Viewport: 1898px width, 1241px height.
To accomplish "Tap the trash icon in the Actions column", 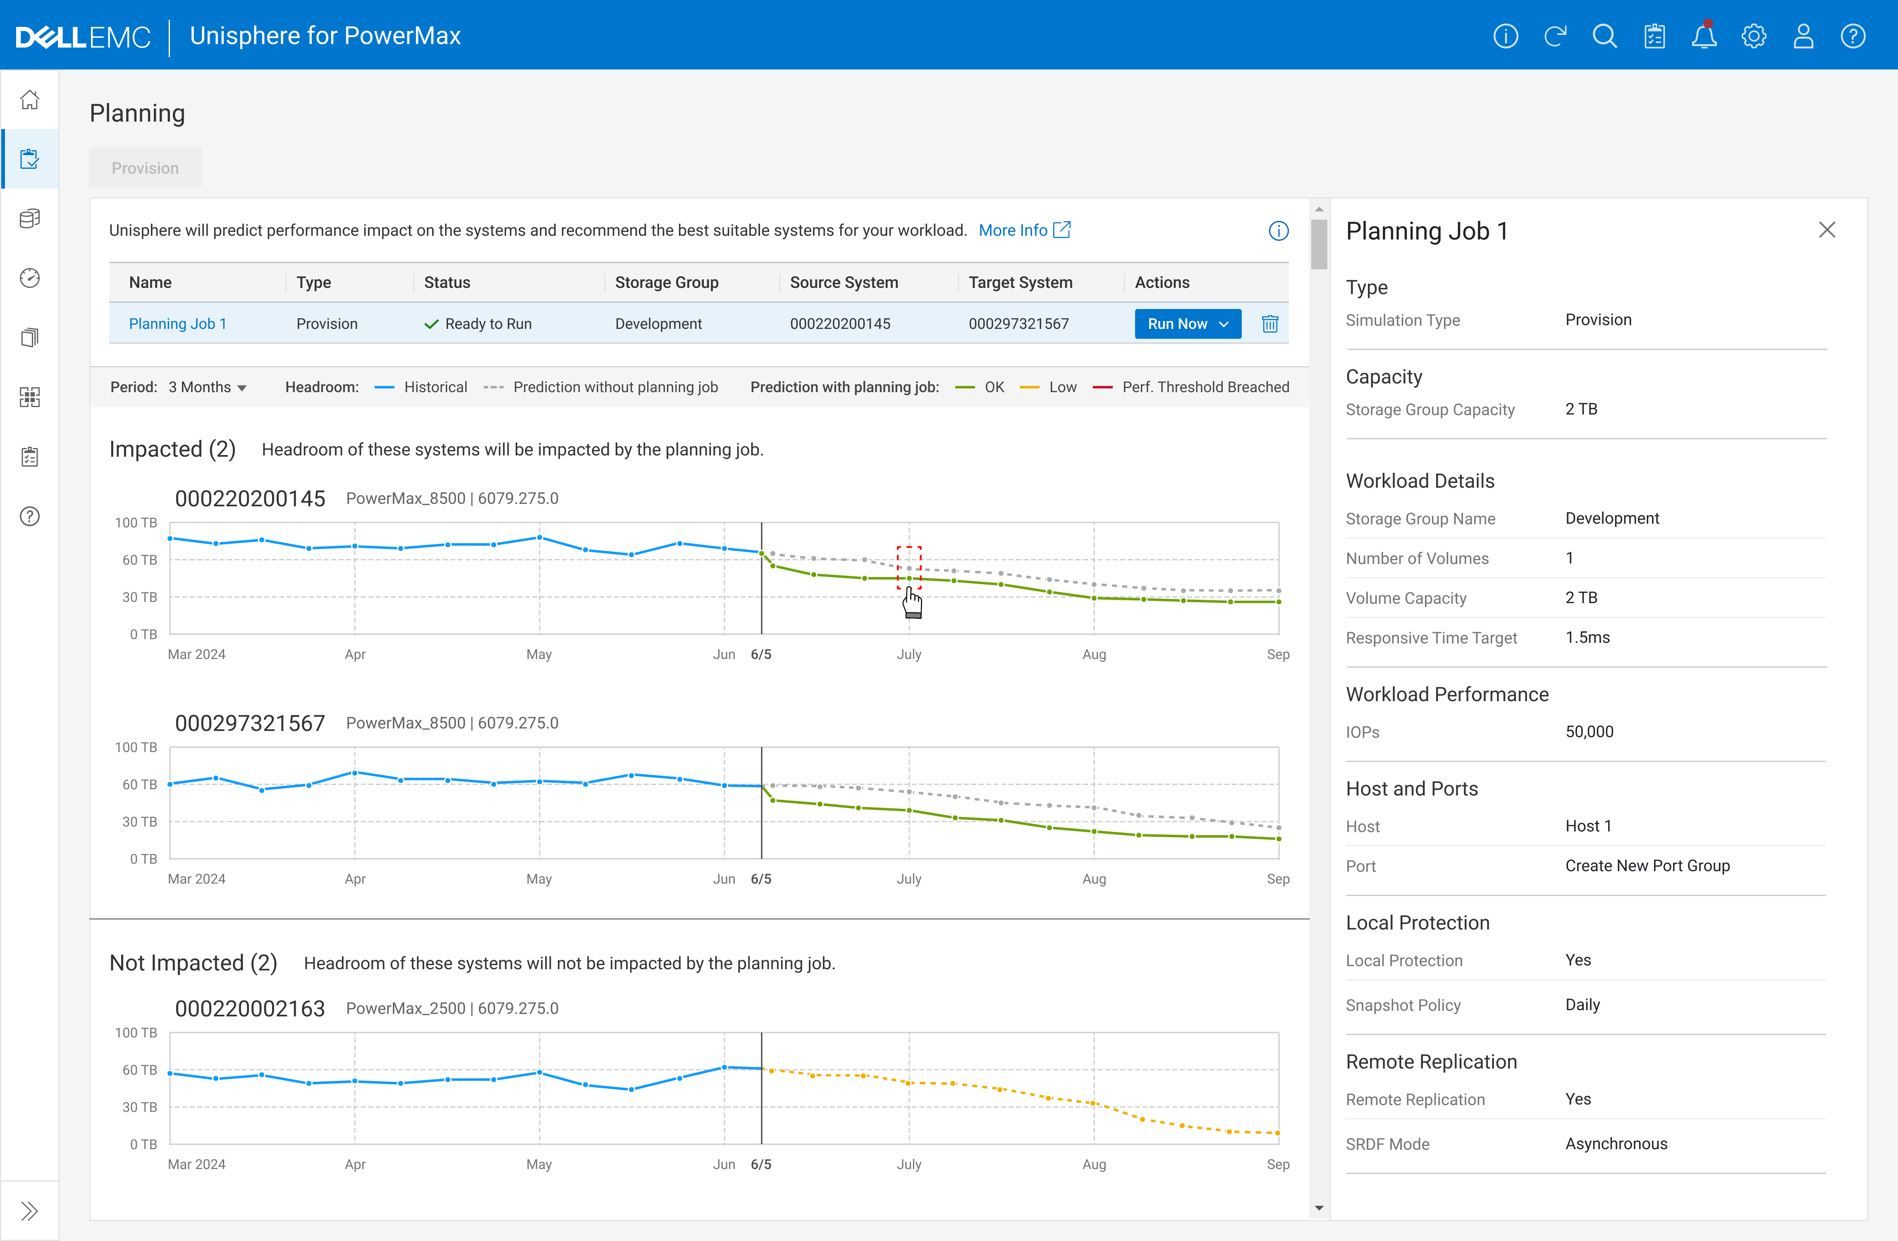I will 1269,324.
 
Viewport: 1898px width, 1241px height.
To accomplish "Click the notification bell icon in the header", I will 1703,36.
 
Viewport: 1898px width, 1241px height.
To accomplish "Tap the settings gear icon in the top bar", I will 1753,36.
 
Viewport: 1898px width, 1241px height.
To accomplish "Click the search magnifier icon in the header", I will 1604,36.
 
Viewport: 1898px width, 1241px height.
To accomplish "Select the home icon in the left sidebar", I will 29,100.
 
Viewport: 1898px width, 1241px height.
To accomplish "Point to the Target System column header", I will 1020,283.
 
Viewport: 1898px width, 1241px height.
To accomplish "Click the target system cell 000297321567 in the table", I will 1018,324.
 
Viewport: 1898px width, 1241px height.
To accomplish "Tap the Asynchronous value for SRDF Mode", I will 1616,1144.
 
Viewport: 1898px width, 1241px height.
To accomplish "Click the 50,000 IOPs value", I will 1589,731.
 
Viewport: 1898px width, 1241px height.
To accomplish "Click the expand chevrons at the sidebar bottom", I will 29,1211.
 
